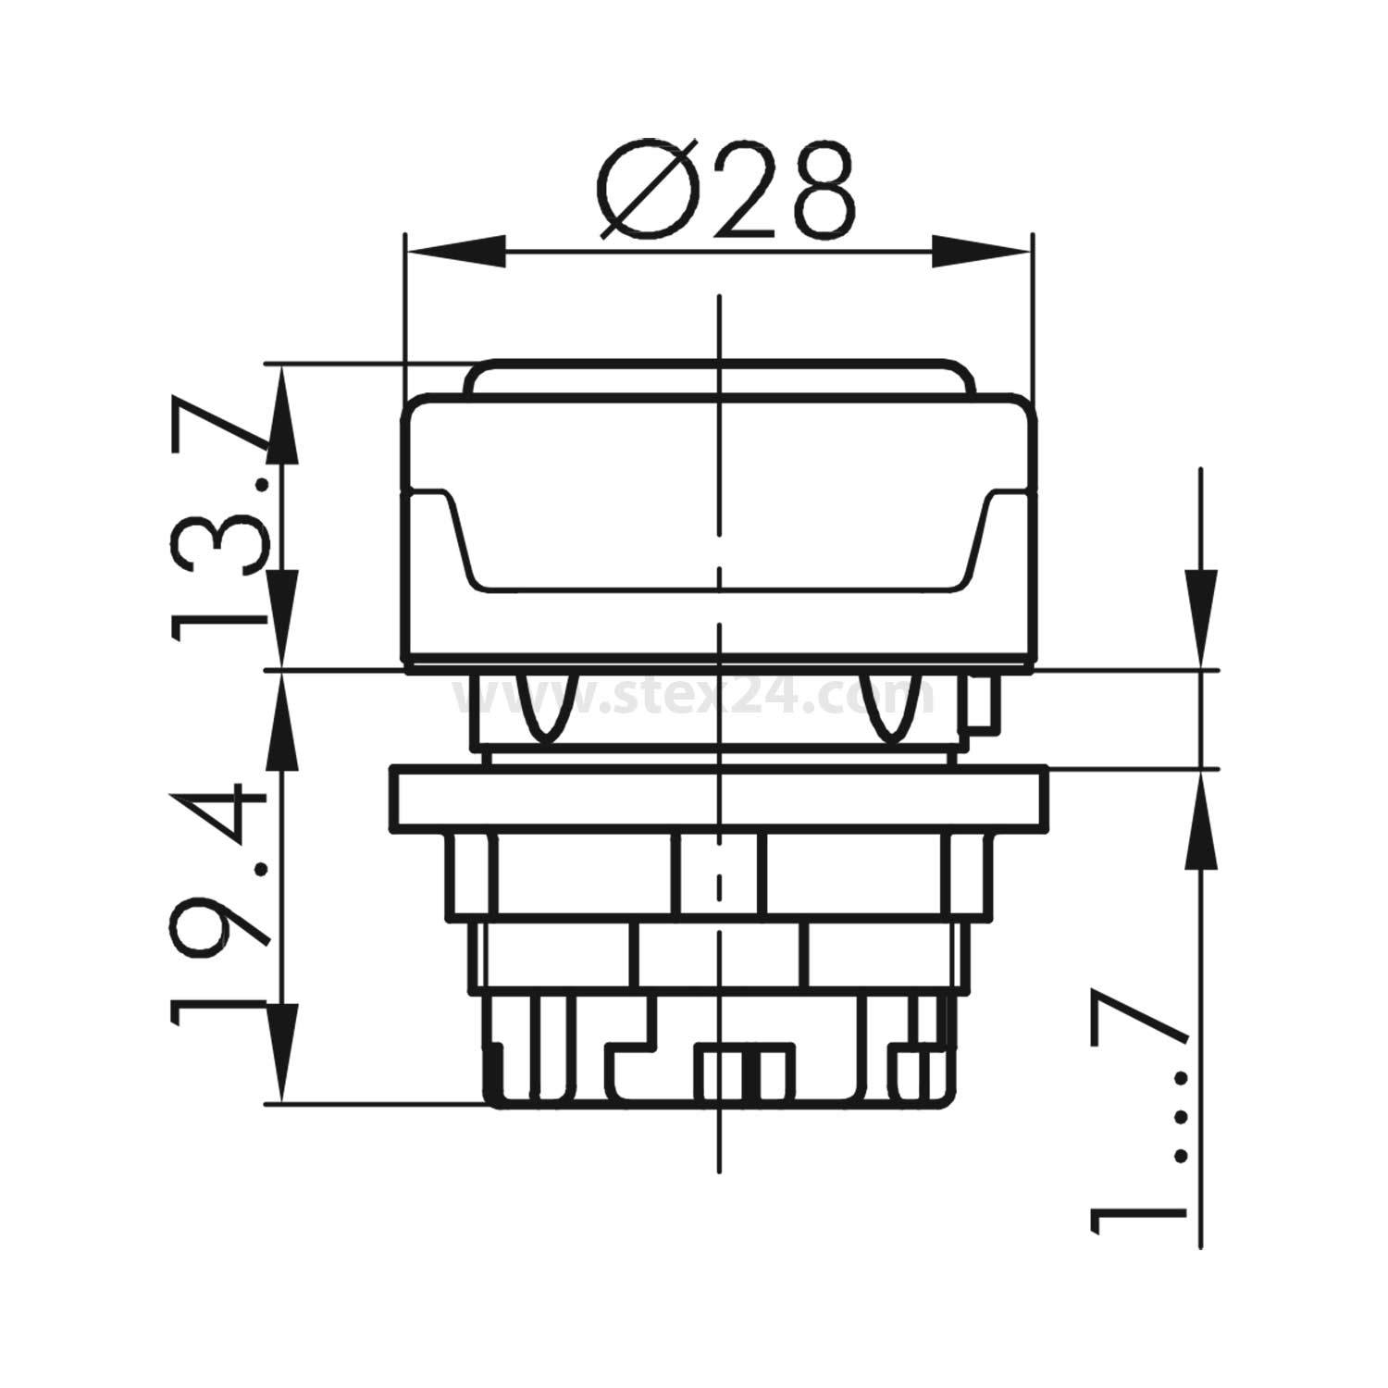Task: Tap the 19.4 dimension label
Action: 217,902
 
